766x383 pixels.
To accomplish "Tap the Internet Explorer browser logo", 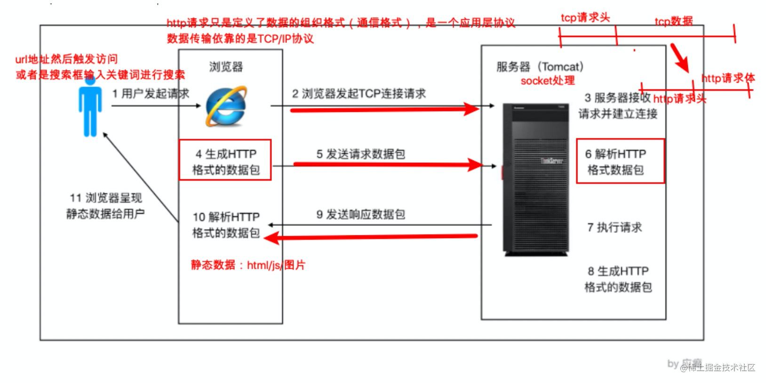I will coord(226,106).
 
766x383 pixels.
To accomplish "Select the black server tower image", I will coord(535,179).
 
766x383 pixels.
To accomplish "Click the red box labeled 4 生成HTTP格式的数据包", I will coord(225,160).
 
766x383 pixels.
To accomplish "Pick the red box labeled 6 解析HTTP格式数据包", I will coord(620,161).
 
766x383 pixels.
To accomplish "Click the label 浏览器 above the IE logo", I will coord(226,67).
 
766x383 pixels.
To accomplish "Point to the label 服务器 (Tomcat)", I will coord(540,67).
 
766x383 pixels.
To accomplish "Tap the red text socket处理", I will coord(548,80).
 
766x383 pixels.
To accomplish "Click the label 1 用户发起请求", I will coord(151,94).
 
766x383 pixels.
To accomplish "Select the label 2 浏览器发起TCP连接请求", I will coord(359,94).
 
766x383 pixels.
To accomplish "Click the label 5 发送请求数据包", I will coord(360,154).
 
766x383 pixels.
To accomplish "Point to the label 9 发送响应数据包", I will coord(360,215).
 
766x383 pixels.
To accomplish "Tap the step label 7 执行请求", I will coord(614,228).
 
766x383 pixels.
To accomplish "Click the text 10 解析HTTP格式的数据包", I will coord(226,225).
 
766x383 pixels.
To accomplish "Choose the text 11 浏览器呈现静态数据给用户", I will coord(105,206).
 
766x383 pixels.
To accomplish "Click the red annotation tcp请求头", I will coord(585,18).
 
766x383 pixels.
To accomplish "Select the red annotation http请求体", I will coord(727,78).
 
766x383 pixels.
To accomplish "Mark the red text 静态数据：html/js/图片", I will coord(247,265).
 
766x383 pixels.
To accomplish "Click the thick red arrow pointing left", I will coord(372,237).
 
